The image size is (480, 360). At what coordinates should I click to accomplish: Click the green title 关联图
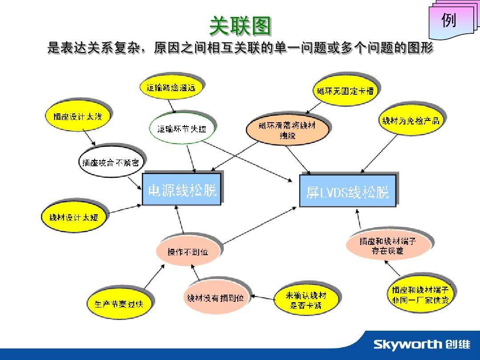click(x=240, y=26)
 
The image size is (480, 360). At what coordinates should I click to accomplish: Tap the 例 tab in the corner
click(x=448, y=20)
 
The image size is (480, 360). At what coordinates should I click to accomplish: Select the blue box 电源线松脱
click(x=182, y=190)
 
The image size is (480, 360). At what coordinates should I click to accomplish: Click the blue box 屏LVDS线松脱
click(x=347, y=192)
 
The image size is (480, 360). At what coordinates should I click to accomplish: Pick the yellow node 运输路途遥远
click(x=171, y=88)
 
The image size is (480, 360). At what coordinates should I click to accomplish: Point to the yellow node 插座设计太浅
click(x=74, y=116)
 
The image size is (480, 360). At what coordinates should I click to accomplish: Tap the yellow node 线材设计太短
click(x=74, y=217)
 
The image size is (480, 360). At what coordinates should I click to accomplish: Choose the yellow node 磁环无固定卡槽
click(x=345, y=91)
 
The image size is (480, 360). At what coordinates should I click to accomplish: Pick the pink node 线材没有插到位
click(x=215, y=298)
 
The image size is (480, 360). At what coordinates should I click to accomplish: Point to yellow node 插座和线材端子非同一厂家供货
click(x=420, y=295)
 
